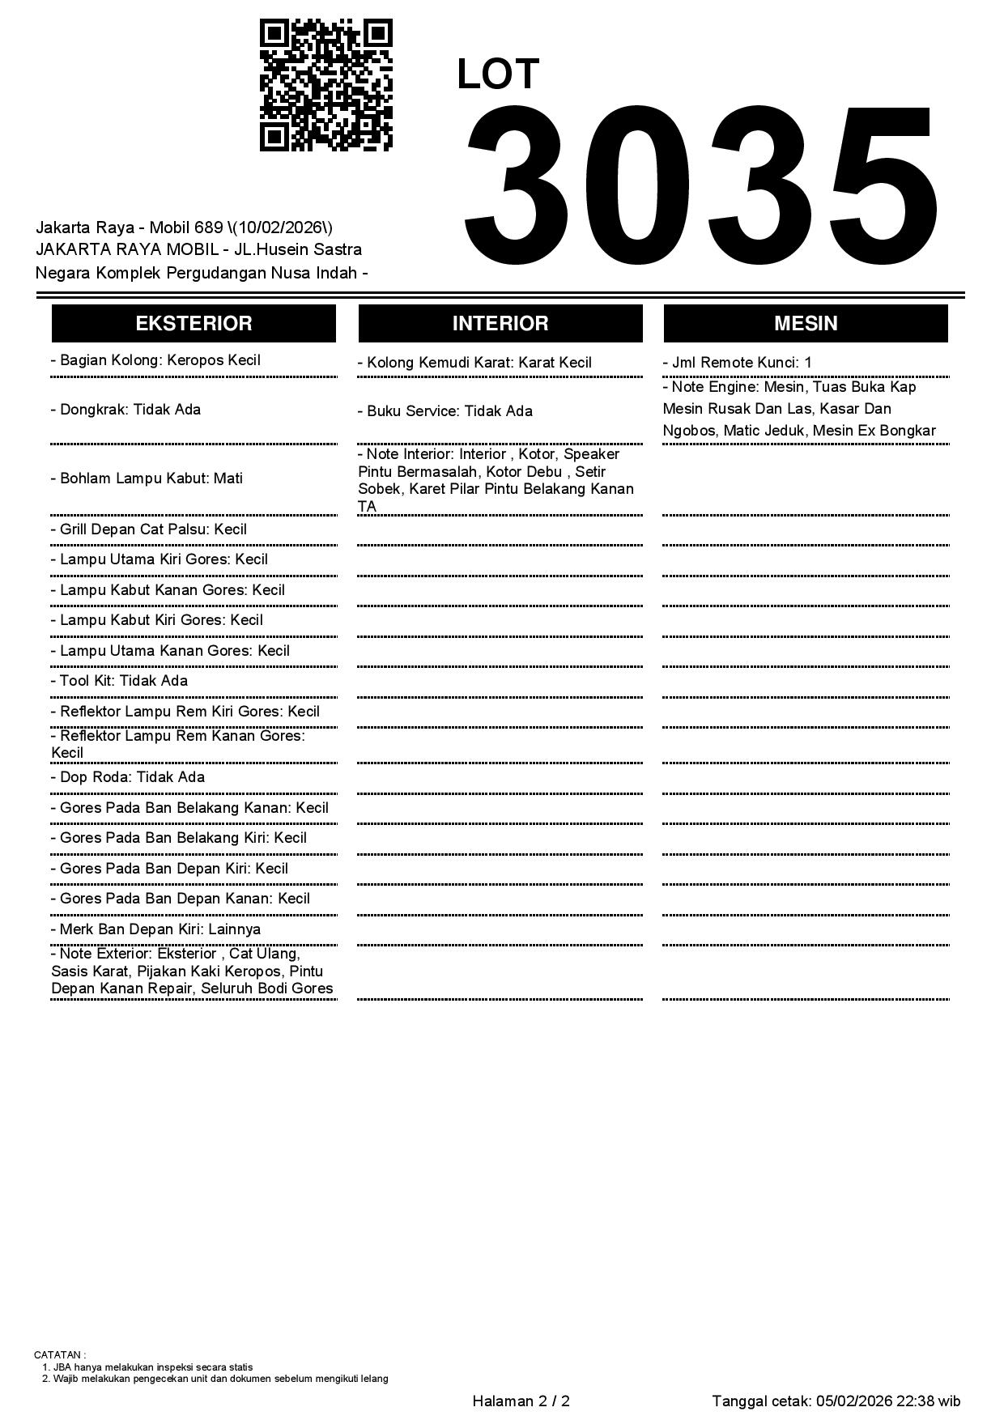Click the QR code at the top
pos(325,85)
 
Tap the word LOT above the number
pos(497,74)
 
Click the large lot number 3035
pos(701,186)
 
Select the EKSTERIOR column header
pos(194,324)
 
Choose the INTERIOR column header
pos(500,324)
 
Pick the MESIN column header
pos(806,324)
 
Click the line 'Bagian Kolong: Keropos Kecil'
pos(155,360)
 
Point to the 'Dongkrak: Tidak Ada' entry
pos(125,410)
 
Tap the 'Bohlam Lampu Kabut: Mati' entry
pos(147,478)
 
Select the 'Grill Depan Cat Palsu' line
pos(149,529)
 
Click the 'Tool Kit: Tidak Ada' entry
pos(119,681)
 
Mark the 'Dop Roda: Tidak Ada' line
pos(128,777)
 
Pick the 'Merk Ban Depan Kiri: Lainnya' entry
pos(155,929)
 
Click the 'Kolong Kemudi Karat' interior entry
pos(474,363)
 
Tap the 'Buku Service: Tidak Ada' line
pos(445,411)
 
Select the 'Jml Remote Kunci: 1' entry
pos(737,363)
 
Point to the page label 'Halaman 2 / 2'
pos(521,1401)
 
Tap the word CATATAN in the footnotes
pos(57,1354)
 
